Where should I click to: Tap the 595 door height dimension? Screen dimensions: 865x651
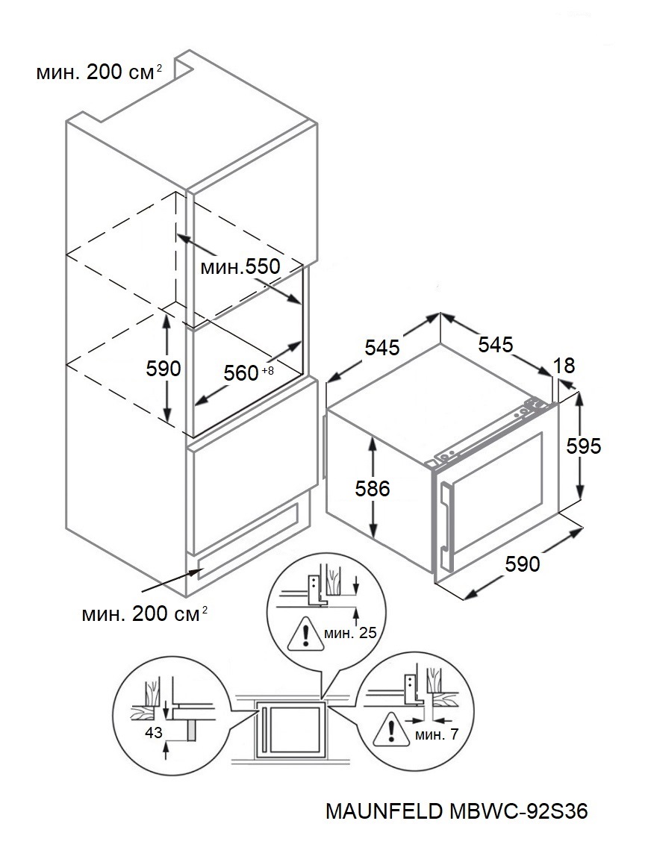[584, 446]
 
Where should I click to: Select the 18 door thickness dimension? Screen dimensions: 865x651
[565, 366]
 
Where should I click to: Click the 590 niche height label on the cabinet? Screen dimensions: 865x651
[163, 368]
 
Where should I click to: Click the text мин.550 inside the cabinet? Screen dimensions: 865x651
[240, 266]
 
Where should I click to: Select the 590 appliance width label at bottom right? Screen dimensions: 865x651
[522, 563]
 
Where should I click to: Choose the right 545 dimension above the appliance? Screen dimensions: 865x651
[496, 344]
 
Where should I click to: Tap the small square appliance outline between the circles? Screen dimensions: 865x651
[293, 728]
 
